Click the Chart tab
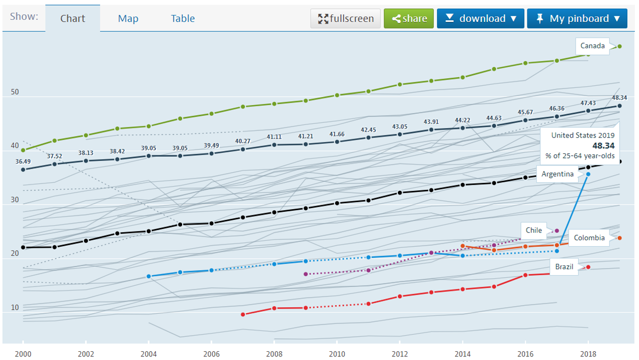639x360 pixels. (73, 19)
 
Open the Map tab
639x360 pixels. (128, 19)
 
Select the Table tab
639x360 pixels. (183, 19)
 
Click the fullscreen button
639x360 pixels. (346, 19)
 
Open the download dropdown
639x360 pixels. (481, 19)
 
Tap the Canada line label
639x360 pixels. (593, 46)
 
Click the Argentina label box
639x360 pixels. (557, 174)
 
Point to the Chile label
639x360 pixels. (533, 231)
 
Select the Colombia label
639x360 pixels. (589, 238)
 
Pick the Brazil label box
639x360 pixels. (564, 267)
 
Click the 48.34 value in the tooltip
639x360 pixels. (604, 146)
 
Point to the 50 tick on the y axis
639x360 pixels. (14, 92)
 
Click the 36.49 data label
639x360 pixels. (23, 161)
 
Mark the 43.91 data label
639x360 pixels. (431, 122)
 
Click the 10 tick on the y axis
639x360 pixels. (14, 308)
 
